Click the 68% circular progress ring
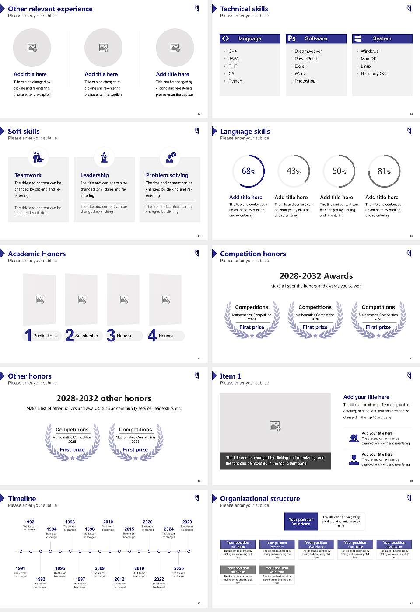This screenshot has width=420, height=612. [x=248, y=171]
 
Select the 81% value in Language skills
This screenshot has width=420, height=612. [x=384, y=171]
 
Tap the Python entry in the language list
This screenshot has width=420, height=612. [x=235, y=81]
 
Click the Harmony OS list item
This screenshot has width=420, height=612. [x=373, y=74]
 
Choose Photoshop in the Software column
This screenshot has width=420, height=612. [x=305, y=81]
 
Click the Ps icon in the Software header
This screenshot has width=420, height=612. [x=292, y=38]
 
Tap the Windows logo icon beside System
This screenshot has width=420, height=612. [x=357, y=38]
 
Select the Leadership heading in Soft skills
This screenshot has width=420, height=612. [x=94, y=175]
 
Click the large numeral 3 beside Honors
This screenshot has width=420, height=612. [x=111, y=335]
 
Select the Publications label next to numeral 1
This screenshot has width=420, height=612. [x=45, y=336]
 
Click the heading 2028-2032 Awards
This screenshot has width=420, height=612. [x=316, y=276]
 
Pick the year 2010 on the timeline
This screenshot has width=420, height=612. [x=108, y=522]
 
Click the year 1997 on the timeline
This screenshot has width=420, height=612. [x=80, y=579]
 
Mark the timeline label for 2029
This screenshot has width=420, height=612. [x=187, y=522]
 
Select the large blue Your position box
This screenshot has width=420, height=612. [x=301, y=522]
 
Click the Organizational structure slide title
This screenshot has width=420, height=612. [x=260, y=498]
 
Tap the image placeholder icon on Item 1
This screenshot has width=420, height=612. [x=275, y=426]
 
